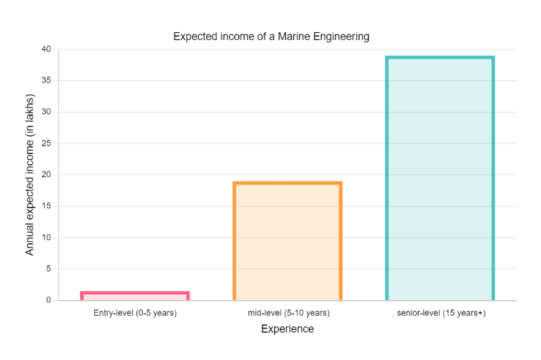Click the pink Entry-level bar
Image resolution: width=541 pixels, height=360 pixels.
click(135, 296)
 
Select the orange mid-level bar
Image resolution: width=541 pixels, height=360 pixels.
click(288, 241)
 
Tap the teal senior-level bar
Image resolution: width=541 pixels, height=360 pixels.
click(440, 179)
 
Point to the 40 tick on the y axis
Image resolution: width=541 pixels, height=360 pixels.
click(46, 49)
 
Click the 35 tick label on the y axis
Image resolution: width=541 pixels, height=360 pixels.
click(46, 81)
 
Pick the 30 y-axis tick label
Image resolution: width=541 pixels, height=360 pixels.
click(46, 112)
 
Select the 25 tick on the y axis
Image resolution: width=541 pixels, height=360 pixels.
click(46, 143)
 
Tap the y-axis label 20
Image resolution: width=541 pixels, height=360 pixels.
click(46, 174)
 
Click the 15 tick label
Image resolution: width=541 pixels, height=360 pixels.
click(46, 206)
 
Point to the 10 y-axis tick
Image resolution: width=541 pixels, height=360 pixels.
click(46, 238)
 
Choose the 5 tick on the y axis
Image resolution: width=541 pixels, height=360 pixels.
click(48, 269)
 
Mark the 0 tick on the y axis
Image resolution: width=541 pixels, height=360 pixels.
click(48, 300)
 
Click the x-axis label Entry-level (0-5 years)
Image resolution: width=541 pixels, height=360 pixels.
click(135, 313)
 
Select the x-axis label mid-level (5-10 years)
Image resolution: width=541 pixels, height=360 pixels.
click(288, 313)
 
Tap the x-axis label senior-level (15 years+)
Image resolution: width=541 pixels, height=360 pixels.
click(440, 313)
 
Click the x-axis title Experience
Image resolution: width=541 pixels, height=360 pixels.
click(287, 329)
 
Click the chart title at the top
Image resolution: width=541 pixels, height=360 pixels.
click(271, 37)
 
